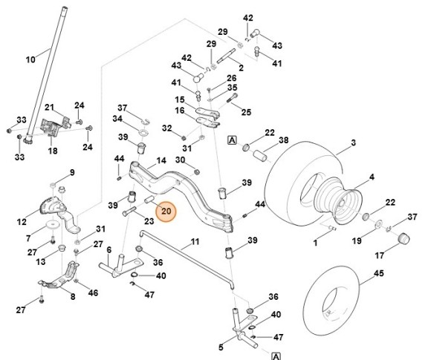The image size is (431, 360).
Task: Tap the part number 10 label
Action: point(30,59)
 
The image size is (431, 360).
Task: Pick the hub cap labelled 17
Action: point(404,240)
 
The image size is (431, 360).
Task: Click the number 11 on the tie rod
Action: point(194,242)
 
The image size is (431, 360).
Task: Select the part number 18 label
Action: point(52,151)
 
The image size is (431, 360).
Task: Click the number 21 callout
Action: point(50,108)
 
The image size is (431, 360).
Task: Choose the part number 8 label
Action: point(72,297)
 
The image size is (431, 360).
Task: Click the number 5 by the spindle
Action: point(221,347)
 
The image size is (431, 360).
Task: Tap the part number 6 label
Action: point(108,250)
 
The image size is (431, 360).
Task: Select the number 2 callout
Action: point(241,68)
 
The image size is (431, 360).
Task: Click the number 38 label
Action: point(283,140)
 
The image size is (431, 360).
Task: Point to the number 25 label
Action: point(246,112)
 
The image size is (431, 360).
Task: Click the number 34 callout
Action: point(117,119)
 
